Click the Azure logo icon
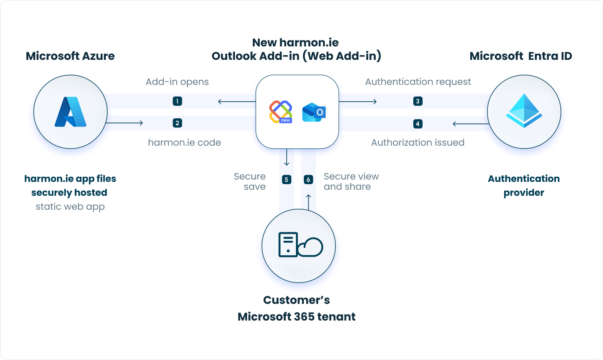click(x=71, y=112)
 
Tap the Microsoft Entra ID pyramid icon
click(x=524, y=111)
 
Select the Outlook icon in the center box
click(x=314, y=112)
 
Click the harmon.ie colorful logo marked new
click(x=281, y=112)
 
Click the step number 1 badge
click(x=177, y=101)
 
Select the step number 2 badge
click(x=177, y=123)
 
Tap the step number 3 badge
click(x=417, y=101)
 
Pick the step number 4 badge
click(x=417, y=124)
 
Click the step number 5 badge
click(x=287, y=180)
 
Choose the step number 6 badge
click(x=308, y=180)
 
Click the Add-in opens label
click(x=177, y=82)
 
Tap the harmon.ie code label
click(x=184, y=142)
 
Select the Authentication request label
click(x=417, y=82)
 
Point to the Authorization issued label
click(x=417, y=142)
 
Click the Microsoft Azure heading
click(x=70, y=56)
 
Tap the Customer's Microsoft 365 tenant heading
click(x=296, y=309)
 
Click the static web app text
click(x=70, y=206)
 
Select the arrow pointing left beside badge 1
click(x=226, y=101)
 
